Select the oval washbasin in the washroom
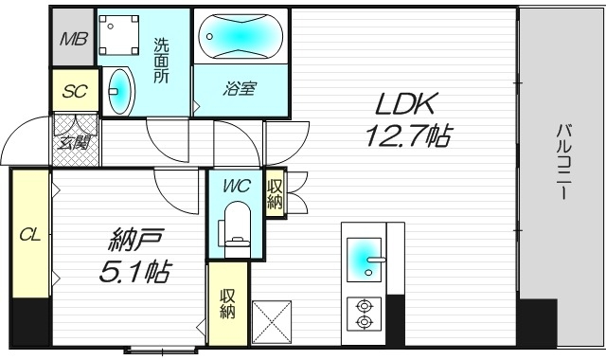click(120, 90)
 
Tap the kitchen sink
click(364, 257)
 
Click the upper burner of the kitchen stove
click(363, 305)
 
